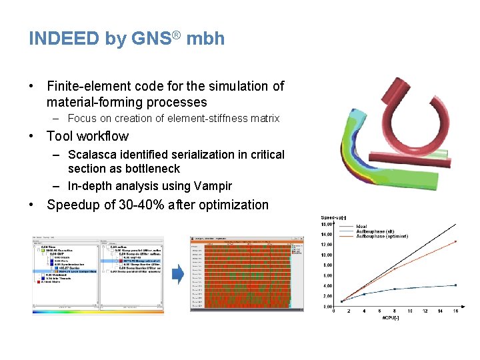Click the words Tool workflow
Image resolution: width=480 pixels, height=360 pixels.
pos(87,136)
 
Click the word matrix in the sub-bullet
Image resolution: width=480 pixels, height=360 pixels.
pos(265,119)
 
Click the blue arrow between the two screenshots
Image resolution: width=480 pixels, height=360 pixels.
pos(177,275)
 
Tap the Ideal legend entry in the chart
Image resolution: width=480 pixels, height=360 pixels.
pos(362,227)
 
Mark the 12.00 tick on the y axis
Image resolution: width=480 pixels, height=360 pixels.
pos(327,245)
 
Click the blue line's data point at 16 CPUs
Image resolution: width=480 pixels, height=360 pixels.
pos(455,285)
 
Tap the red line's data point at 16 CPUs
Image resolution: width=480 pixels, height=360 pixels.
pos(455,241)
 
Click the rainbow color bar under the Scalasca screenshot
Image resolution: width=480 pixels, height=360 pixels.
pos(99,311)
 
